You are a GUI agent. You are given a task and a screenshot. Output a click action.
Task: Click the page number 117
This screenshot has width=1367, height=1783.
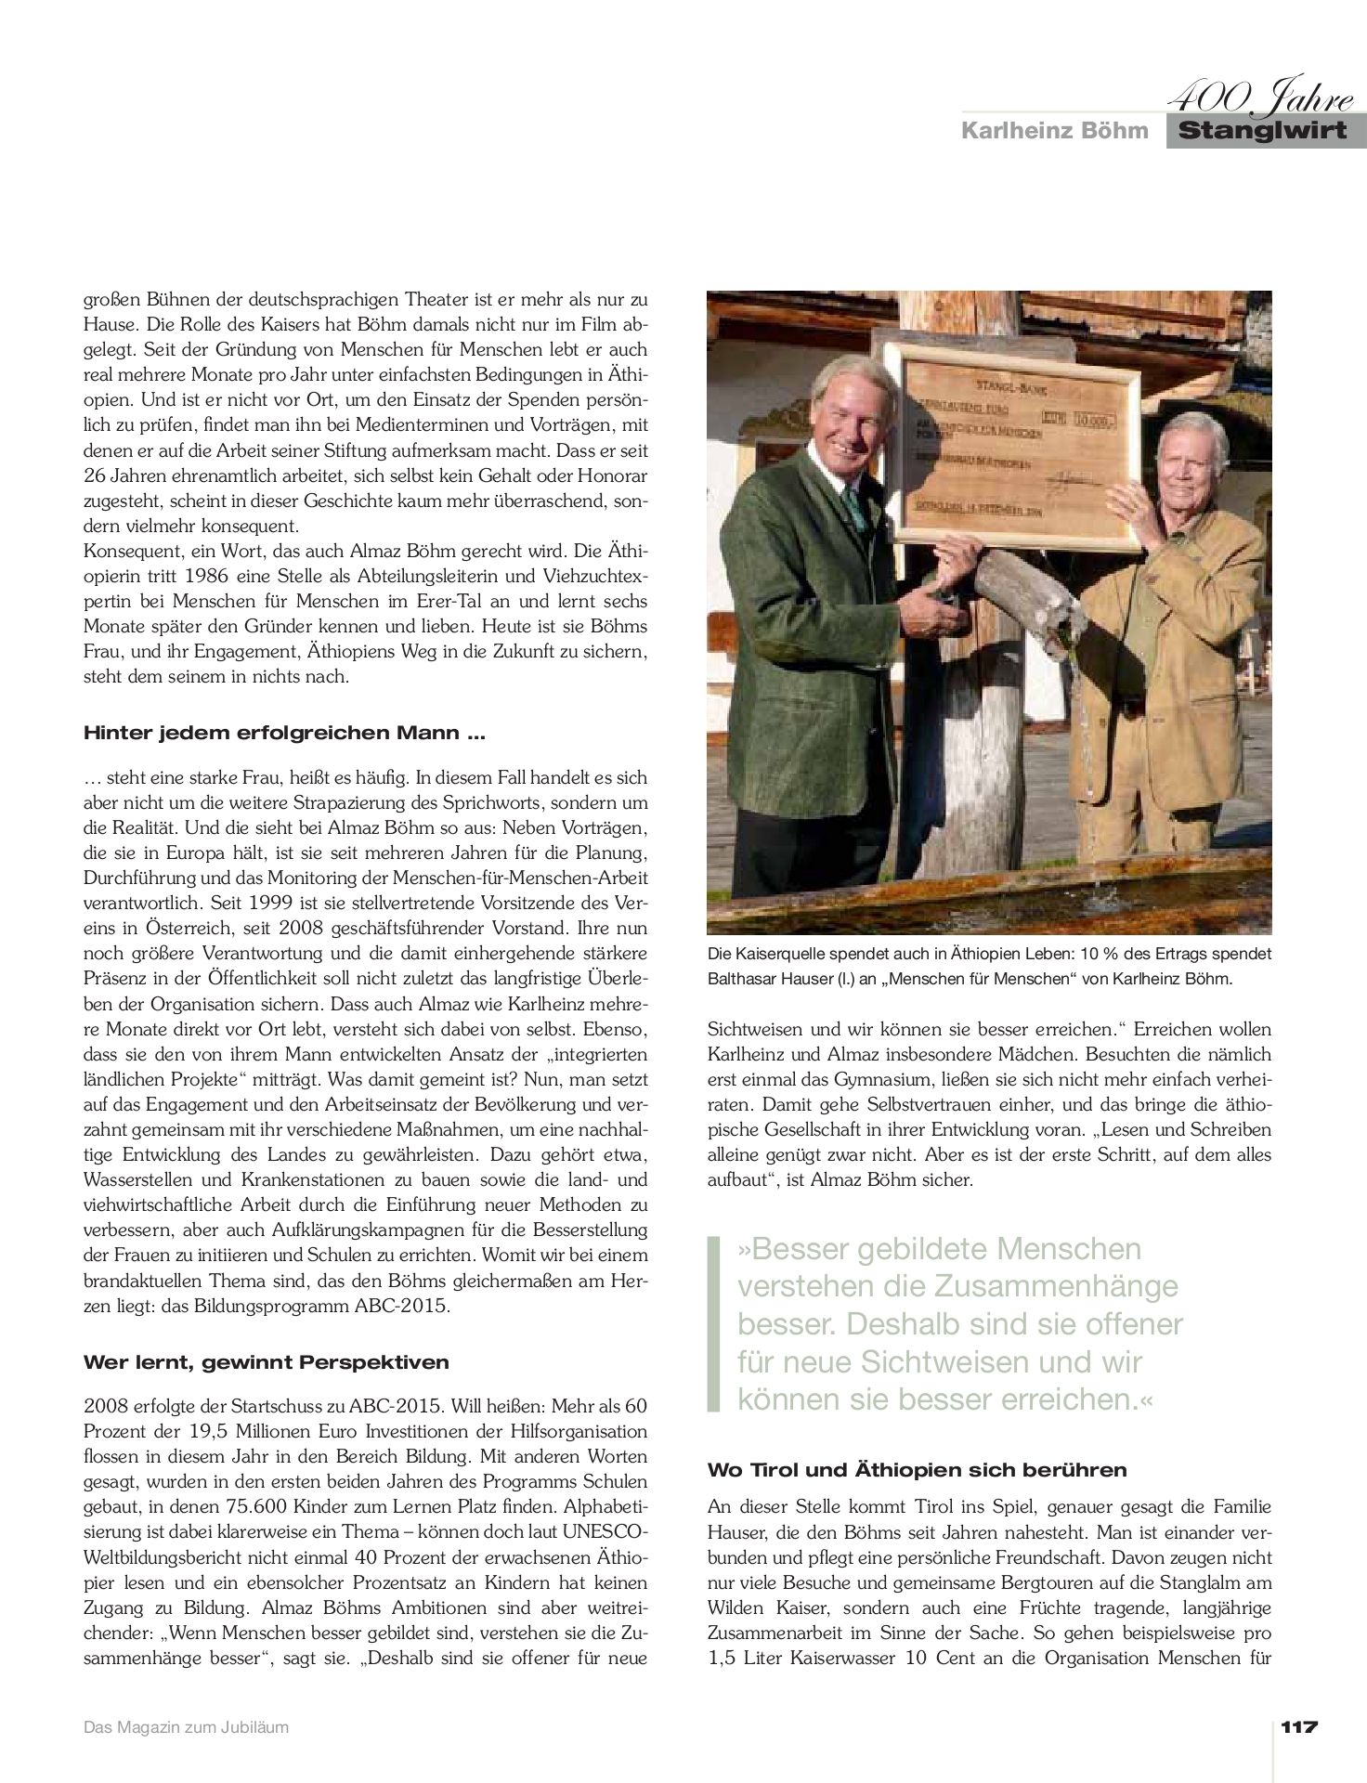tap(1299, 1727)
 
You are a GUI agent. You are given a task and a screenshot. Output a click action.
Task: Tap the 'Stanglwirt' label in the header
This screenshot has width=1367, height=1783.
tap(1262, 130)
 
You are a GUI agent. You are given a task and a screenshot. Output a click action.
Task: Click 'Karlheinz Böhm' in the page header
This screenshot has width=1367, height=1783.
tap(1054, 130)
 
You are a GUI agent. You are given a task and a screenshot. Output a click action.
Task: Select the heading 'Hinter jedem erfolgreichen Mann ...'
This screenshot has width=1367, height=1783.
tap(284, 733)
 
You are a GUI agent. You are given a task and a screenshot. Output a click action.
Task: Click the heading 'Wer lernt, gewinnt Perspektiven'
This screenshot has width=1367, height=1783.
tap(267, 1362)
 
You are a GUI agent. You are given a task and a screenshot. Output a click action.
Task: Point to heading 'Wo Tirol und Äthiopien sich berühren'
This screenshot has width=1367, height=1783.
tap(917, 1470)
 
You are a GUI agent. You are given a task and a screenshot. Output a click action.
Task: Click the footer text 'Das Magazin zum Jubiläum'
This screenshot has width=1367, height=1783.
tap(186, 1728)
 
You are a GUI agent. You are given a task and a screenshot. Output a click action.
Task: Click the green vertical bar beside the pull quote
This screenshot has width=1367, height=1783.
tap(714, 1323)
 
